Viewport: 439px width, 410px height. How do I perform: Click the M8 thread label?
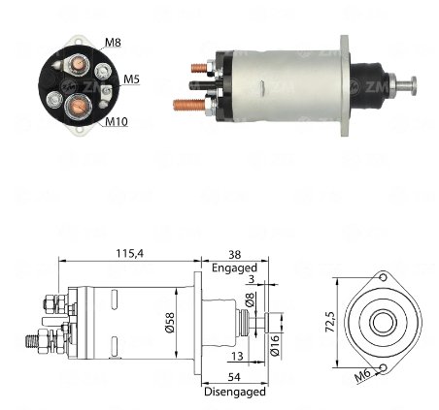[113, 43]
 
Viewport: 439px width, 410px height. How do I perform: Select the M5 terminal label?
[131, 79]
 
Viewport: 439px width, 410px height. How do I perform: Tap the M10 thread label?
[117, 122]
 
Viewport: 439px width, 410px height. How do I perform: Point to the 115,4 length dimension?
[129, 254]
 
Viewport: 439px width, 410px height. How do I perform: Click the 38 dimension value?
[235, 255]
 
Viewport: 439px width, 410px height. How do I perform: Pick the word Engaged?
[234, 268]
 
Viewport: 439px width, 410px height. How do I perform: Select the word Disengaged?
[235, 392]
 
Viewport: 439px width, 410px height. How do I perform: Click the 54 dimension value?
[234, 377]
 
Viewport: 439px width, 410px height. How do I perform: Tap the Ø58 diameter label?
[170, 322]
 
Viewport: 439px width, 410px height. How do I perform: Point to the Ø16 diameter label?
[274, 345]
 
